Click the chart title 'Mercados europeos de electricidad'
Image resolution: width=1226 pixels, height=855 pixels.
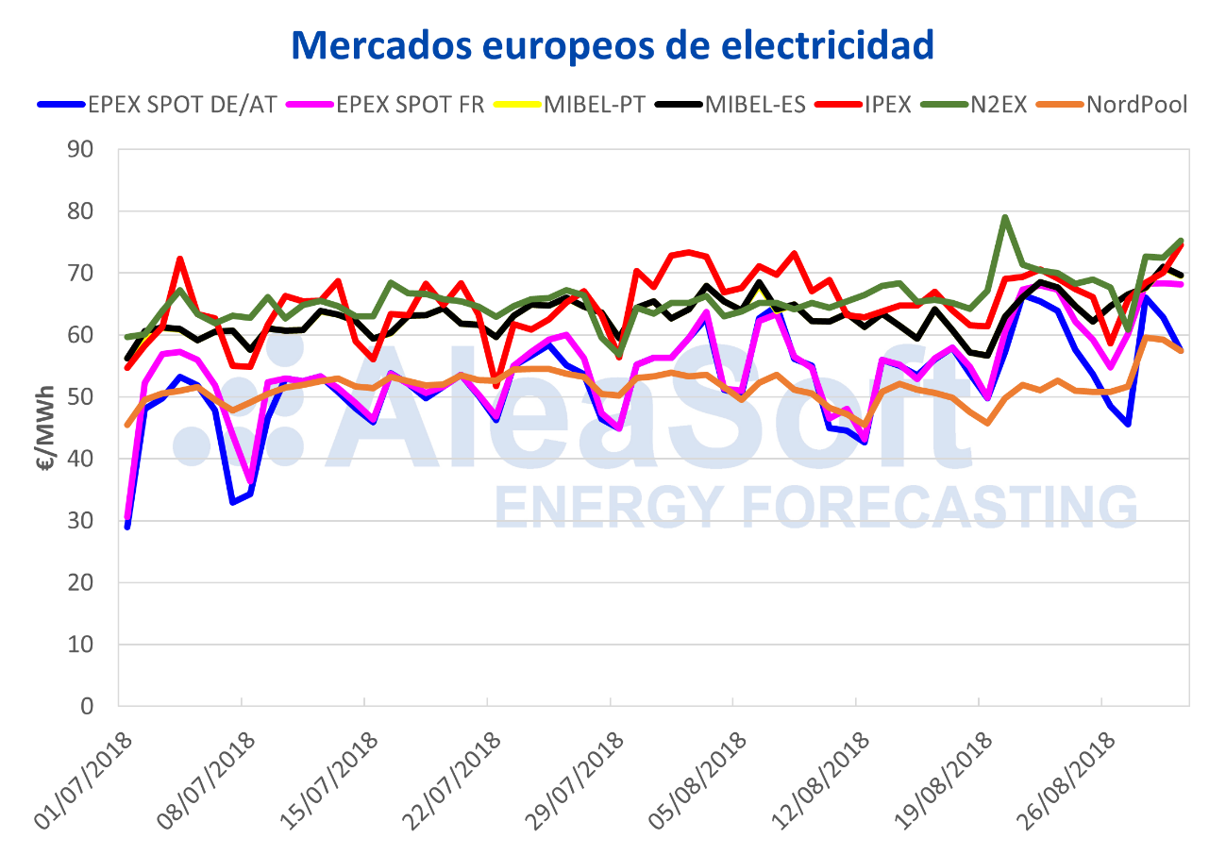613,43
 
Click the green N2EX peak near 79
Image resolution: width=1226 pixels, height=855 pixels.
1005,217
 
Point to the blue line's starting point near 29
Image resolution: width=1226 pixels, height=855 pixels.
127,526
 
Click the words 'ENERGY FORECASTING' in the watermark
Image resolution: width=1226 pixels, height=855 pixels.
816,507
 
